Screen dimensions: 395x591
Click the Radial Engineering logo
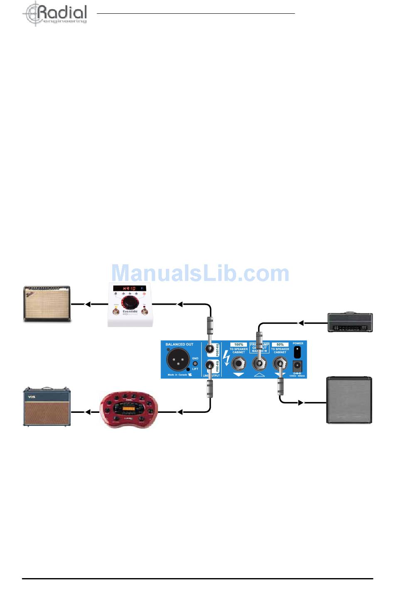[x=54, y=14]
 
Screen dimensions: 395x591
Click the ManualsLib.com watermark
[x=200, y=273]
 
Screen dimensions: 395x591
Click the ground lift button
[x=195, y=363]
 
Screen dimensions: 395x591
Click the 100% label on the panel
[x=239, y=345]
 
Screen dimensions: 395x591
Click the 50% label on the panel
[x=280, y=345]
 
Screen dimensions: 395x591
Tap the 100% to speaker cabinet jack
[x=239, y=364]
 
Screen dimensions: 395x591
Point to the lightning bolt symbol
[x=226, y=358]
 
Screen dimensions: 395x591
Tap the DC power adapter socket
[x=298, y=366]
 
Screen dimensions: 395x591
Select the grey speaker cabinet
[x=349, y=400]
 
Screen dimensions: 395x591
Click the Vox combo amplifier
[x=47, y=407]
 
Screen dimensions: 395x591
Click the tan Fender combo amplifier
[x=47, y=304]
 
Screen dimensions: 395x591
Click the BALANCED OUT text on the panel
[x=179, y=345]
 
